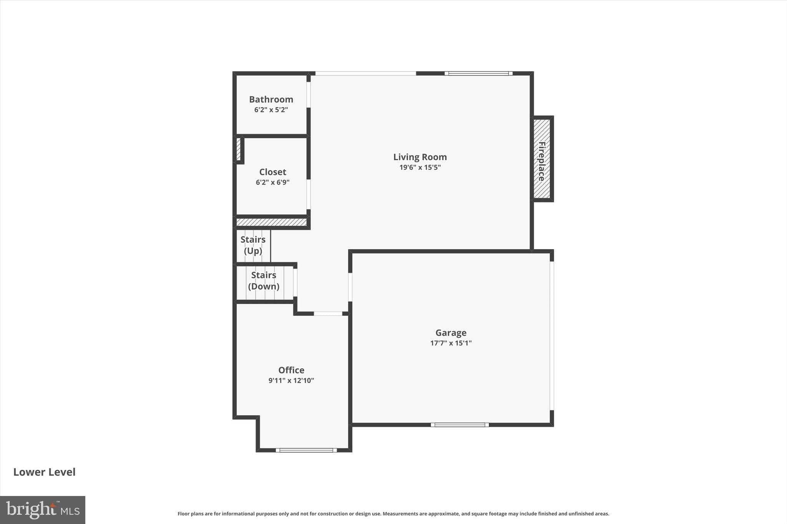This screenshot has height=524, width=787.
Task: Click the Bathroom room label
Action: point(271,99)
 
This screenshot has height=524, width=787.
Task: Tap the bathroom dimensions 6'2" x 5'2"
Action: point(271,110)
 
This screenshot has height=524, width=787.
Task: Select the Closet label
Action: point(272,172)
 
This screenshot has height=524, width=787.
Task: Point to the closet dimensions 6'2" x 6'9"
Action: point(272,182)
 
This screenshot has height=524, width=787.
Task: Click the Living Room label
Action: point(420,157)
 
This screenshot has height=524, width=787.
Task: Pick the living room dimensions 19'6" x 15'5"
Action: point(420,167)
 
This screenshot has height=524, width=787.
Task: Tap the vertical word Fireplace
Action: point(542,161)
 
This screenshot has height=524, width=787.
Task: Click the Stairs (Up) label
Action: point(253,245)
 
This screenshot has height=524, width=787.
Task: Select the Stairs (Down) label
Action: point(264,281)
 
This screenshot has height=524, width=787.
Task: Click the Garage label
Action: point(451,333)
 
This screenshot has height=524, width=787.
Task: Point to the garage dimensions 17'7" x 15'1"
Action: point(451,343)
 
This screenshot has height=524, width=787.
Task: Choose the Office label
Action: point(291,370)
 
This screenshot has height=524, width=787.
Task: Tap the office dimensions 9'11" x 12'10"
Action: point(291,381)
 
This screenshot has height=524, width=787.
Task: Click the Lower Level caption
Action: point(45,472)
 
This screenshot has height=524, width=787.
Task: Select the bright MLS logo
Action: point(43,510)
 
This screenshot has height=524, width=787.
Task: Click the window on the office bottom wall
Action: point(306,450)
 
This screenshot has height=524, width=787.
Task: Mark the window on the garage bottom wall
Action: point(460,425)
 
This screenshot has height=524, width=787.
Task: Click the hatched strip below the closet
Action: point(271,222)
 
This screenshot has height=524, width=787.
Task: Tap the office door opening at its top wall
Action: point(328,314)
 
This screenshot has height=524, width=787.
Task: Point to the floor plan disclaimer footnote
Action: point(393,514)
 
